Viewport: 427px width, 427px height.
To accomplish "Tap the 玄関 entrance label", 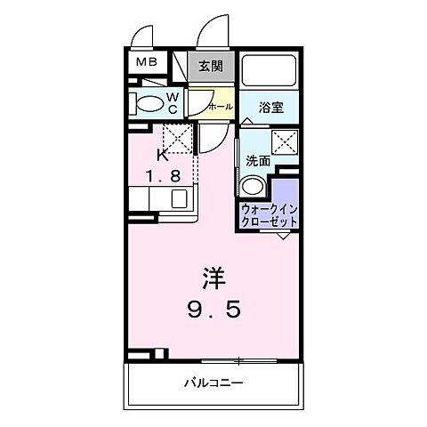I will [x=211, y=65].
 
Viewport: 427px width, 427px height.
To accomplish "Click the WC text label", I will [x=173, y=101].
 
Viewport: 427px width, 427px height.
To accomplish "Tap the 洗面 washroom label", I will [x=257, y=161].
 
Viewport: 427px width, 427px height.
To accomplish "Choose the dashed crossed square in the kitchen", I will [x=177, y=137].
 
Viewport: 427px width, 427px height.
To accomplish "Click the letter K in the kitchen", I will [x=162, y=156].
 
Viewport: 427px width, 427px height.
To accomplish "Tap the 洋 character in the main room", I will [x=212, y=278].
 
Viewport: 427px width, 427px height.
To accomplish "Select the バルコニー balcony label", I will [x=213, y=383].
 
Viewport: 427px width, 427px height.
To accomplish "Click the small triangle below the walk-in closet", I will [x=283, y=235].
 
